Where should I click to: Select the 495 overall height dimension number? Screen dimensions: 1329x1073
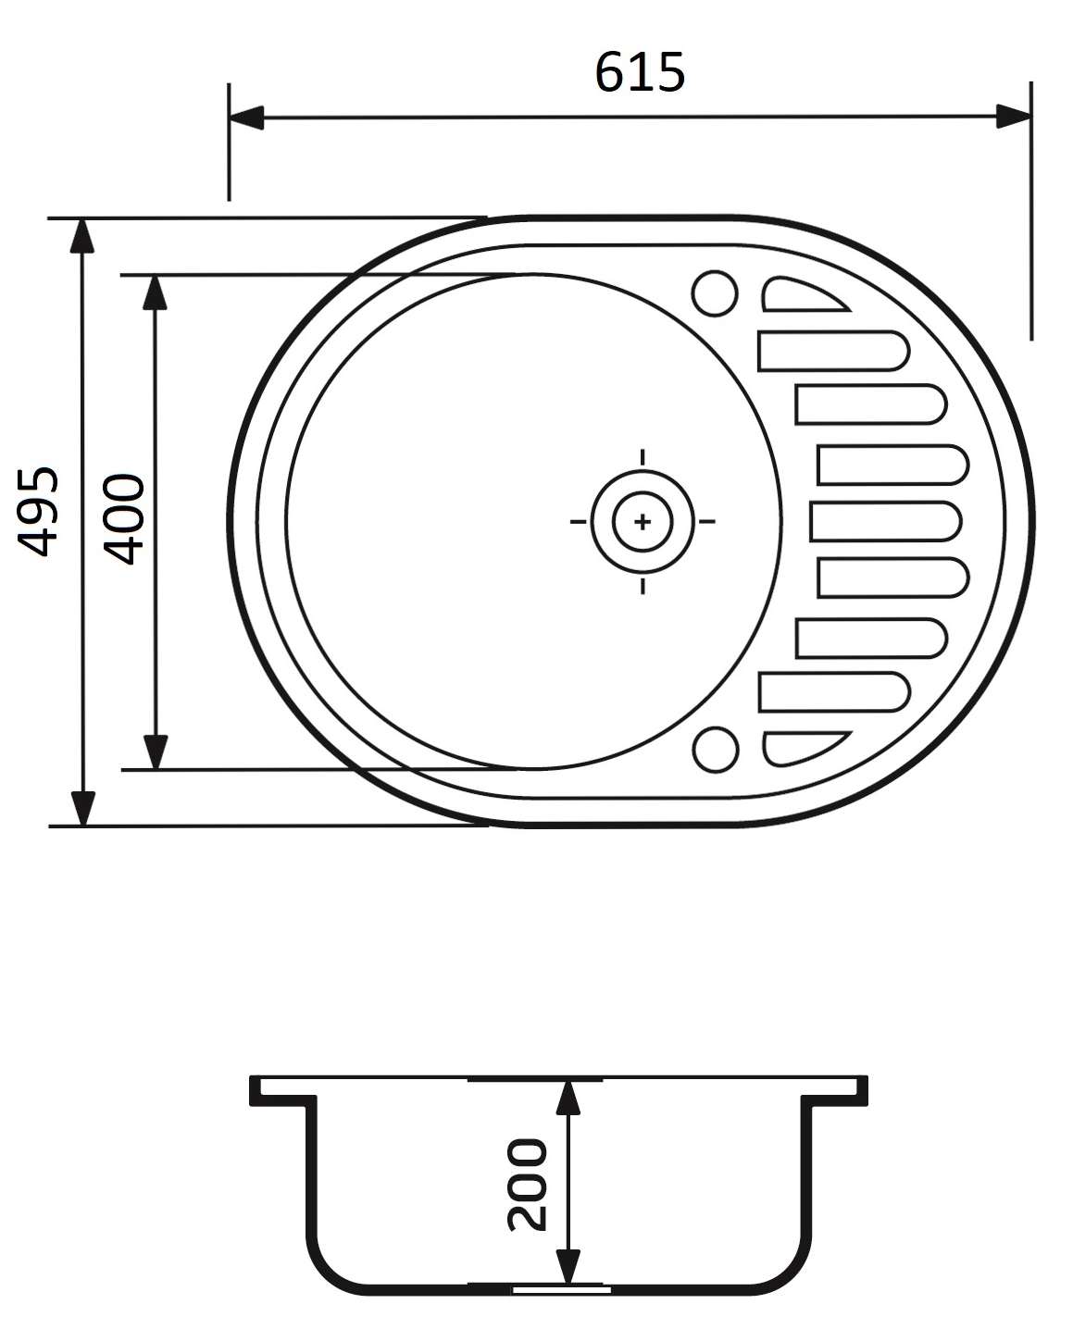[39, 511]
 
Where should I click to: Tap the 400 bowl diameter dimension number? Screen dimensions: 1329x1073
[124, 519]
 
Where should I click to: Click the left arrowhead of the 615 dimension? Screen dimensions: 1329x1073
[247, 118]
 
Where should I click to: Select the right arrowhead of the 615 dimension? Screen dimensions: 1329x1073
[1013, 118]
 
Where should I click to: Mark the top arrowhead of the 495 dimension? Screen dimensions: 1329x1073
[83, 236]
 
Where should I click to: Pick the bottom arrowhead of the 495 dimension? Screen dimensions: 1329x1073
[83, 808]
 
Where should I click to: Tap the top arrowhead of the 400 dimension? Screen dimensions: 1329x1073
[156, 292]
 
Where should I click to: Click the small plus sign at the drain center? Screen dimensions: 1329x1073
[643, 522]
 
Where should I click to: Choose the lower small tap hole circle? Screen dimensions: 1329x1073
[715, 749]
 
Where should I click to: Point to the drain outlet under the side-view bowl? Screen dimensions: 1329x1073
[561, 1287]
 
